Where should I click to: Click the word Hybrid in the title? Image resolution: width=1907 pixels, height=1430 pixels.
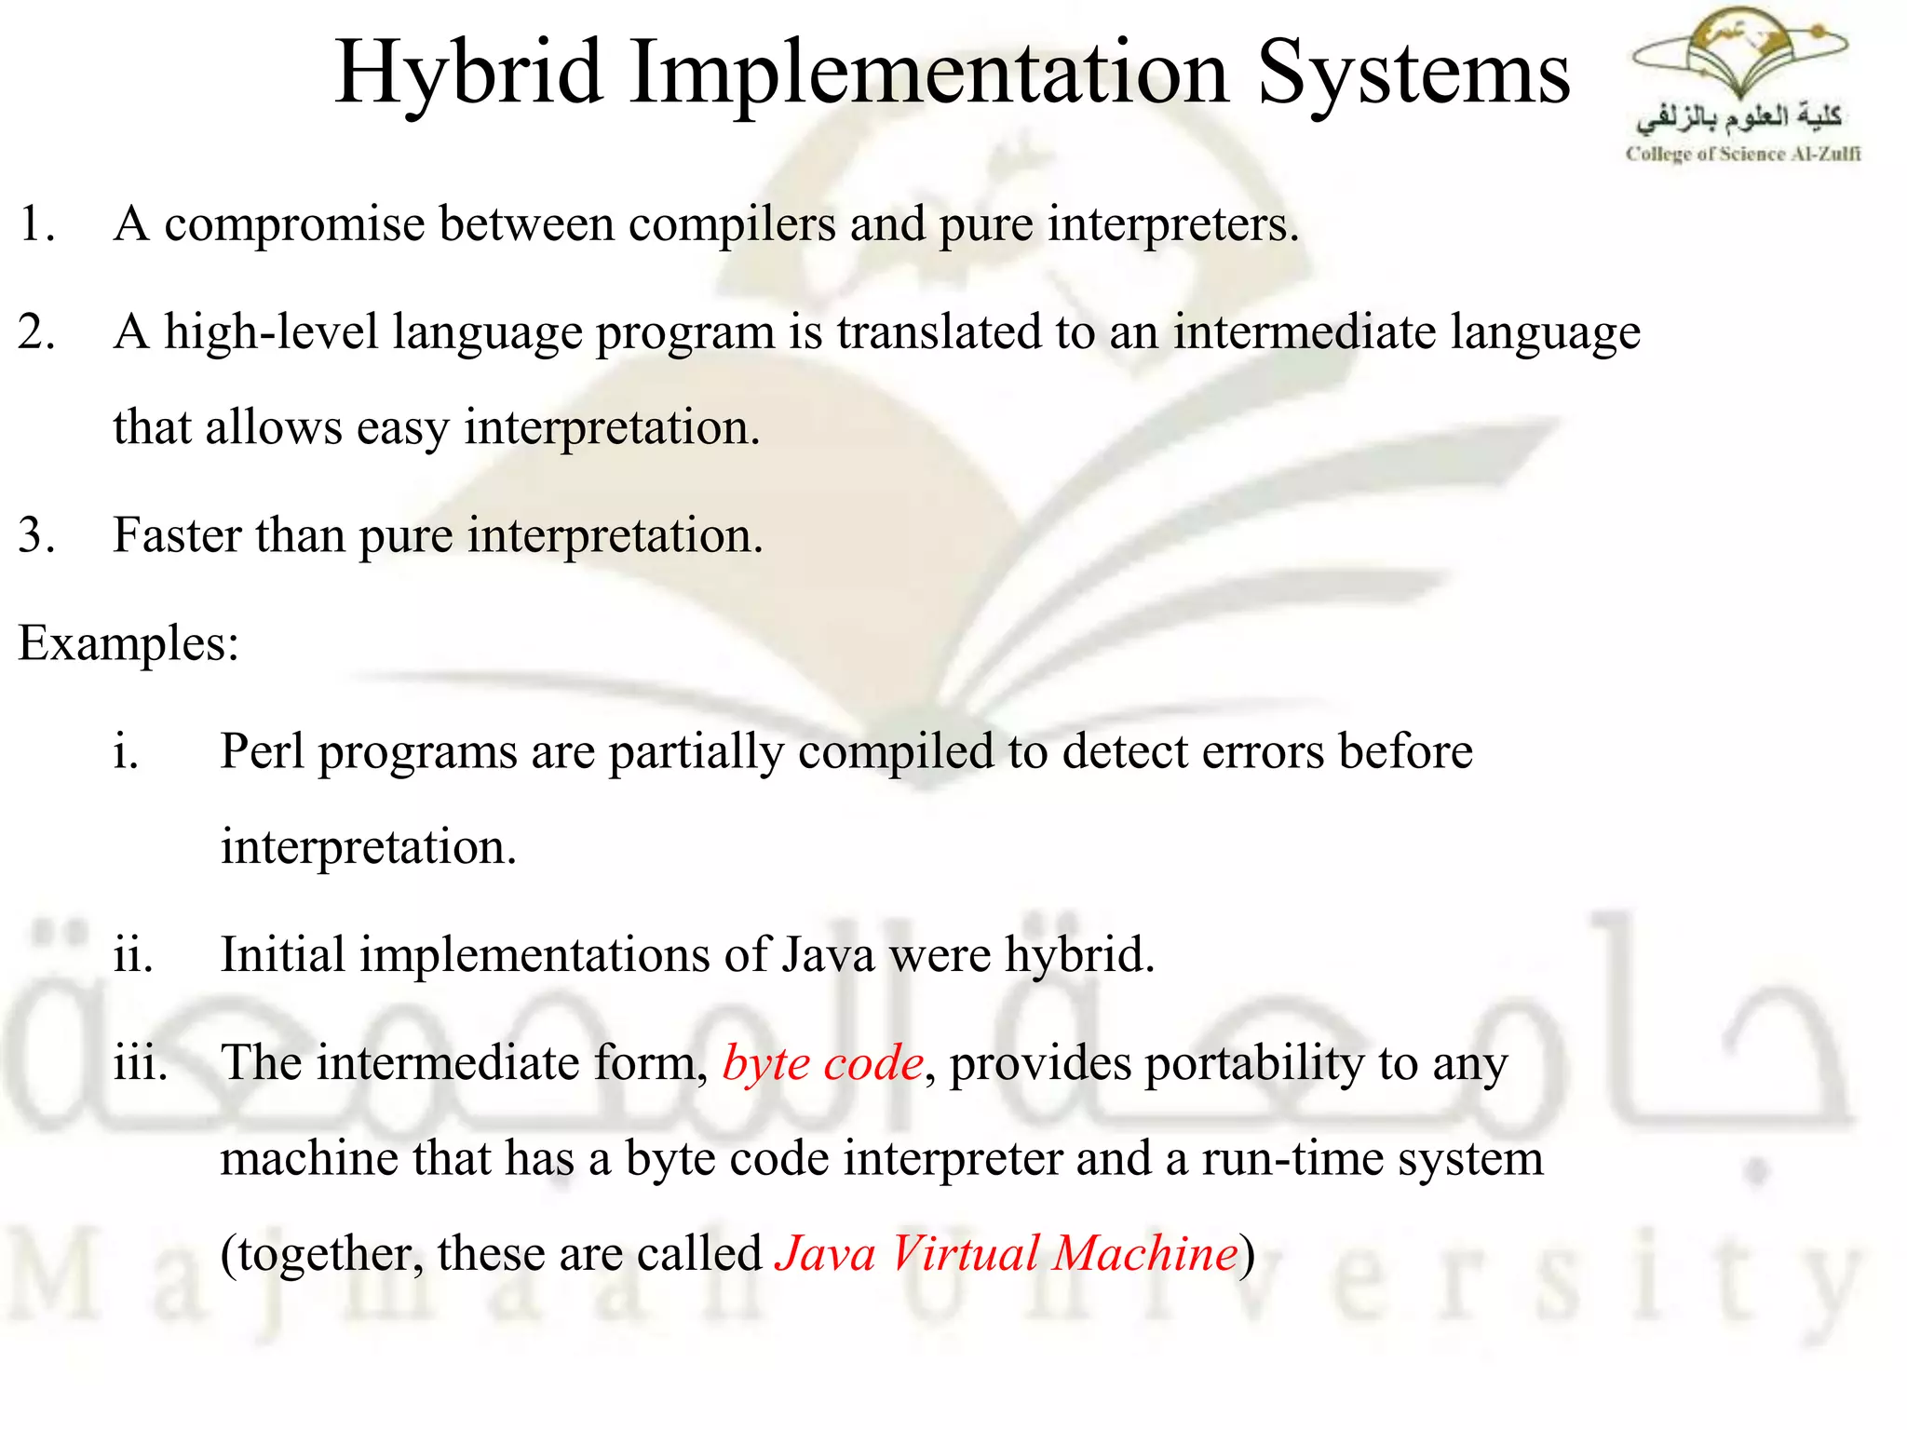468,74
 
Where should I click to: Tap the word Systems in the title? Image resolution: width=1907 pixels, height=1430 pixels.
1413,74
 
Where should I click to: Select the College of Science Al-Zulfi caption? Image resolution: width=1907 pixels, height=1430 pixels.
1742,155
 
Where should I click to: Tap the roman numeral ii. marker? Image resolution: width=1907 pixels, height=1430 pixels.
133,955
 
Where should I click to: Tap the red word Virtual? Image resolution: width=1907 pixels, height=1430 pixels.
964,1253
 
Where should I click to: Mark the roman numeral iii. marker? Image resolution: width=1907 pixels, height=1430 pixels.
141,1063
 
